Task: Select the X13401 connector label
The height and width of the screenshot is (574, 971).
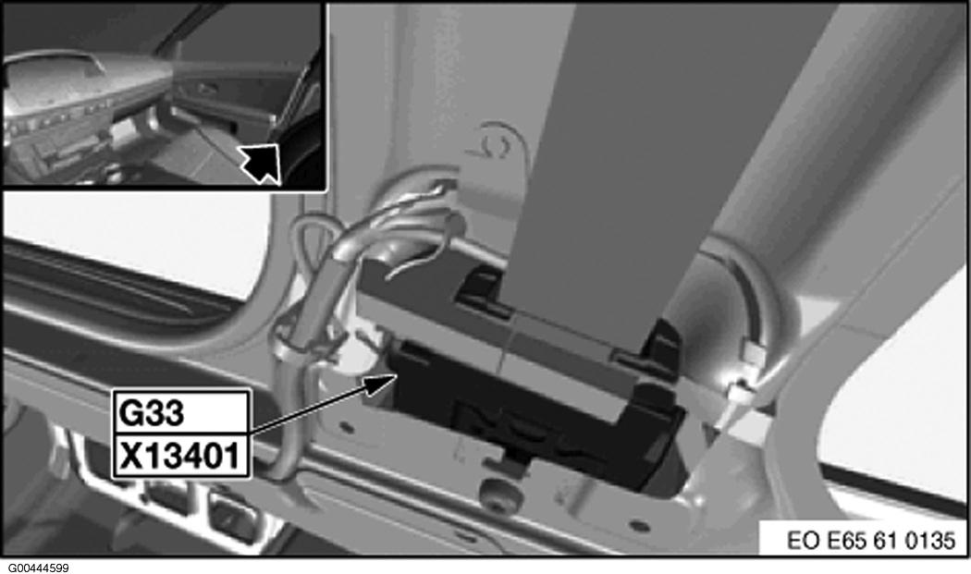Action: [x=179, y=457]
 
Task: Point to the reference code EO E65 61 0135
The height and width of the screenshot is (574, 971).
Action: [x=871, y=540]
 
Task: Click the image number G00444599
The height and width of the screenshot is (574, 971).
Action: [x=39, y=568]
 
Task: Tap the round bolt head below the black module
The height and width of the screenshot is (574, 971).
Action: [x=500, y=494]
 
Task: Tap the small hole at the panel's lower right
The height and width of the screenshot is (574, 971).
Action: [x=641, y=526]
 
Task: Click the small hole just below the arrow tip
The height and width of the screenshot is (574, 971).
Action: [x=347, y=427]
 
